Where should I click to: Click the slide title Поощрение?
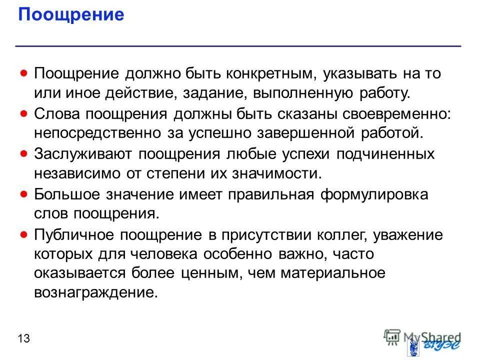click(x=70, y=14)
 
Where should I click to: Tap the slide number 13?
click(x=23, y=339)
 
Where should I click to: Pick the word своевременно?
click(x=397, y=113)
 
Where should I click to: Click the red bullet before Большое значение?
click(x=23, y=193)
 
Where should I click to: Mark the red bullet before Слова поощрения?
click(x=23, y=113)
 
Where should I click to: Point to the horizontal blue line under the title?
click(x=238, y=46)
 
